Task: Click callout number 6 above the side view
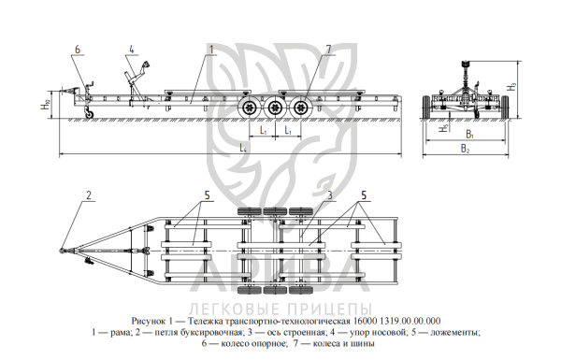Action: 78,50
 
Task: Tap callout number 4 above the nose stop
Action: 132,50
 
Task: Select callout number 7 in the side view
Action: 328,50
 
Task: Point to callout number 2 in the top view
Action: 89,195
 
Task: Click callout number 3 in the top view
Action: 330,195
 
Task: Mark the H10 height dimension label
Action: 46,105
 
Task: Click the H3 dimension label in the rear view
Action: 513,86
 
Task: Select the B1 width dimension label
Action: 469,135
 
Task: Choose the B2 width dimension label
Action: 465,149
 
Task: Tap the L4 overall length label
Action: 243,148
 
